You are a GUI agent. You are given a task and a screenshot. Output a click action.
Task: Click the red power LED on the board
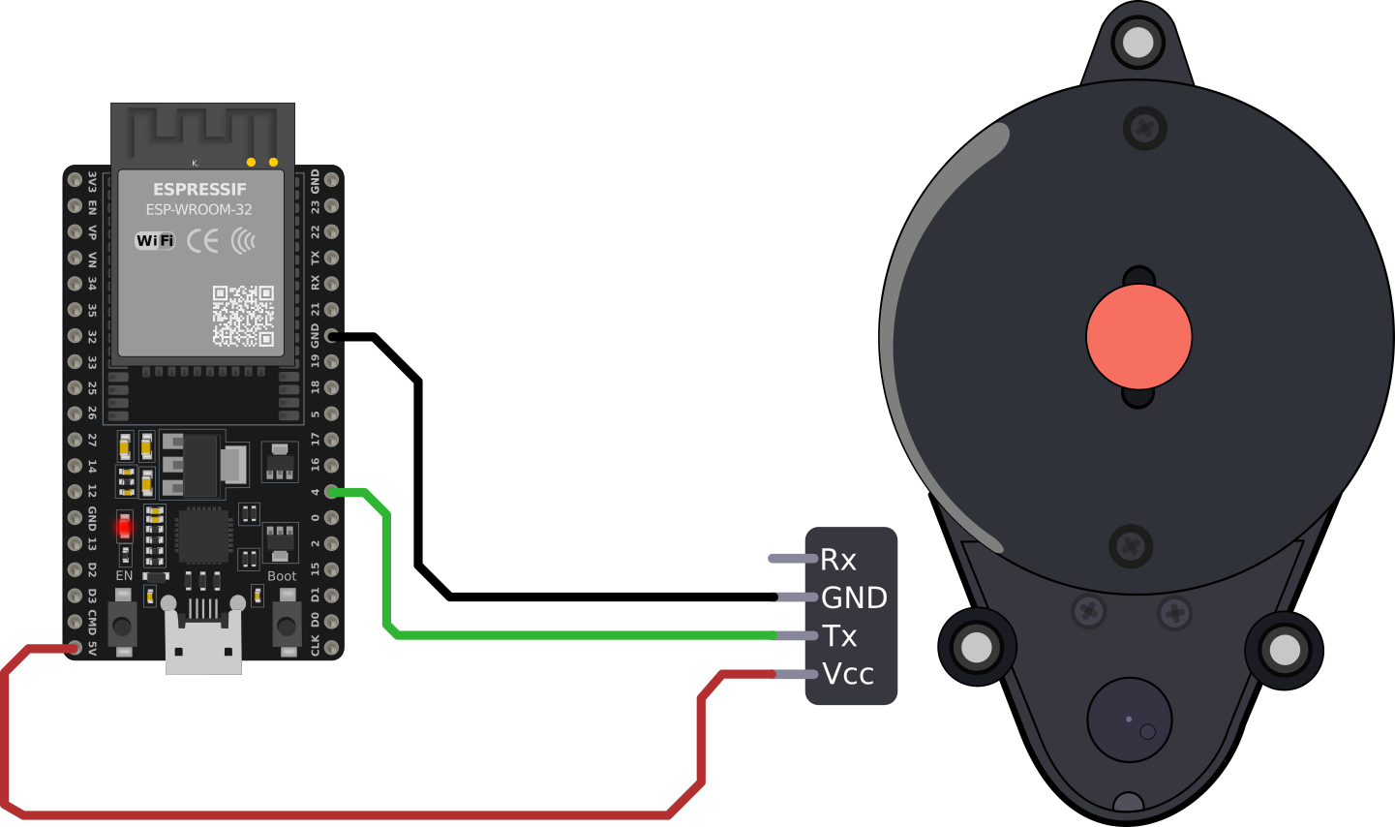point(124,528)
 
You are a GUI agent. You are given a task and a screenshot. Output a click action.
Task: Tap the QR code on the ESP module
point(243,316)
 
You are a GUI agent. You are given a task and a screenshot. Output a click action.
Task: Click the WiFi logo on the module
point(155,240)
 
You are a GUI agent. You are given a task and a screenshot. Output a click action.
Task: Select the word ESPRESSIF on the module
point(199,190)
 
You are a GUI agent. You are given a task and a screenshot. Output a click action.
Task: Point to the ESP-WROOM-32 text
point(199,209)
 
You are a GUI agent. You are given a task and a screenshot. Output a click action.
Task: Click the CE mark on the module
point(202,240)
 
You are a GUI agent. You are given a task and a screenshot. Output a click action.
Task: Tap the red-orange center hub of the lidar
point(1138,337)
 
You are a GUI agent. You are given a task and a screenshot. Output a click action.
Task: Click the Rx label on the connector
point(838,560)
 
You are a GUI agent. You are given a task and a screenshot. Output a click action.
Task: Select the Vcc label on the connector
point(848,674)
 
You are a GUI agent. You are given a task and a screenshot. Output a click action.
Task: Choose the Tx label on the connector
point(839,636)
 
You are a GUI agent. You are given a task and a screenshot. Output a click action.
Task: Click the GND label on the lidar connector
point(854,597)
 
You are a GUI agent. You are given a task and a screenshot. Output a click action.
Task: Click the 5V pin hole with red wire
point(75,647)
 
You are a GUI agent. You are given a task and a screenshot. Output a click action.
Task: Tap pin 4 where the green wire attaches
point(332,492)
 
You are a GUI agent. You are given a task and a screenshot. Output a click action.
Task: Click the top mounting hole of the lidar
point(1137,42)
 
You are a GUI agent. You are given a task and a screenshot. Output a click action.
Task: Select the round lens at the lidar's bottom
point(1129,720)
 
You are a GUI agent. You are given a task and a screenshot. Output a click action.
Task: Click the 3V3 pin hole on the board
point(75,180)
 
